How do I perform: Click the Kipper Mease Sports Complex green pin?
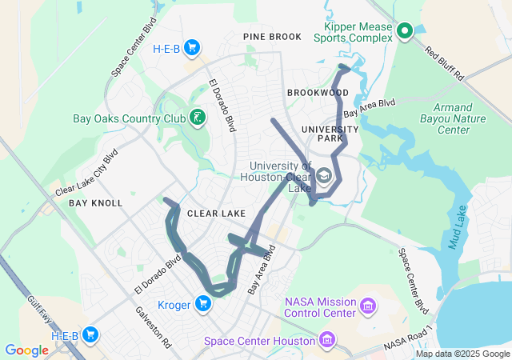click(x=405, y=31)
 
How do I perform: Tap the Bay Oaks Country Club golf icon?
click(x=197, y=118)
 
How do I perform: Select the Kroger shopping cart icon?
click(x=204, y=303)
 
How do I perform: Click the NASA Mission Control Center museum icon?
click(x=367, y=306)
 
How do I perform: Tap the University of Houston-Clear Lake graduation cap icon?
click(x=324, y=175)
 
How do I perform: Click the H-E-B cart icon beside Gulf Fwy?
click(x=90, y=334)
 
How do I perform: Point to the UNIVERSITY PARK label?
click(x=330, y=134)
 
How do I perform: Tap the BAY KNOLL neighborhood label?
click(x=95, y=203)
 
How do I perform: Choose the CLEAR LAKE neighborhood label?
click(x=216, y=214)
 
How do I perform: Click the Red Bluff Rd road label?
click(x=444, y=65)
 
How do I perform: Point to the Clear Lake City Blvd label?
click(x=86, y=172)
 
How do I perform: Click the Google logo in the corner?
click(x=26, y=350)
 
